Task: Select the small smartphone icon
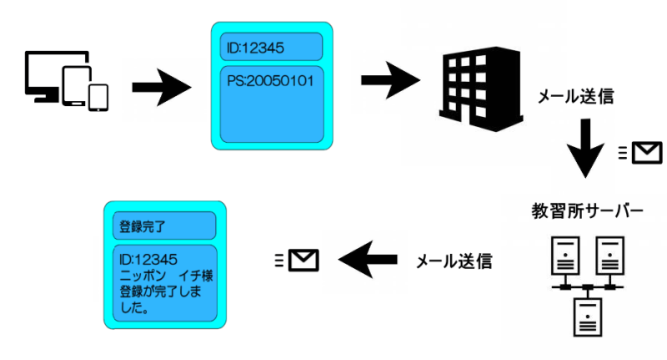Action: [98, 97]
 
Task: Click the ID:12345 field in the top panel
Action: [271, 47]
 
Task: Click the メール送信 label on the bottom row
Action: [454, 261]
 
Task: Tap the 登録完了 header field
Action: [163, 225]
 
